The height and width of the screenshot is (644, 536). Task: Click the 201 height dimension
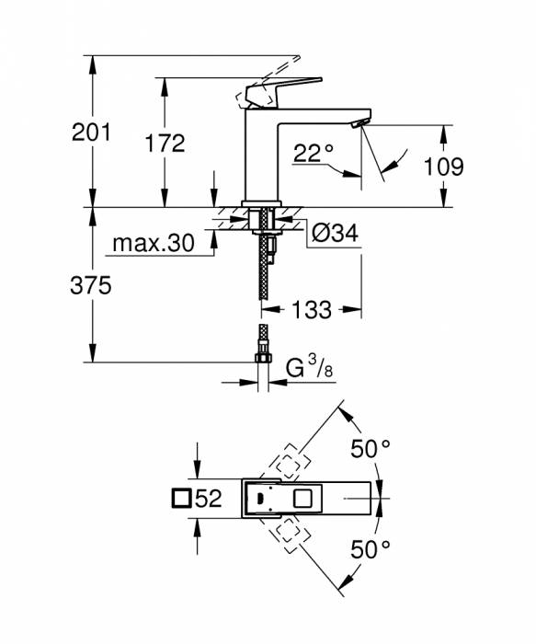pos(91,132)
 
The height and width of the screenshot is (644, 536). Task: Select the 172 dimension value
pos(165,143)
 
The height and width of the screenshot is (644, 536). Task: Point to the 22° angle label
pos(313,154)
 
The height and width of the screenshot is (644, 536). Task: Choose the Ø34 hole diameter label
pos(328,234)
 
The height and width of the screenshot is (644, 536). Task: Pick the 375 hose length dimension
pos(91,286)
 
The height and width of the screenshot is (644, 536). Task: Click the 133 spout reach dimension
pos(312,310)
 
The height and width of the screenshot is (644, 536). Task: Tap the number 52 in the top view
pos(209,500)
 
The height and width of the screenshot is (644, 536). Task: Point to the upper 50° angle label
pos(371,451)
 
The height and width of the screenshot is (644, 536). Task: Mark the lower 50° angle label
pos(371,550)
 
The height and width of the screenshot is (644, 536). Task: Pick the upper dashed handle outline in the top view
pos(291,463)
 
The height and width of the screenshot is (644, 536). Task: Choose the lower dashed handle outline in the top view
pos(290,535)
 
